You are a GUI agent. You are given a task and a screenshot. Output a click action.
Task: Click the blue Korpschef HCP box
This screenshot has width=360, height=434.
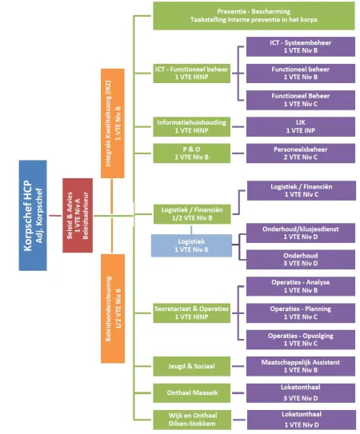pyautogui.click(x=33, y=215)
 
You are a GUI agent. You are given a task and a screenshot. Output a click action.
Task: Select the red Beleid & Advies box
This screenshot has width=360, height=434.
pyautogui.click(x=78, y=215)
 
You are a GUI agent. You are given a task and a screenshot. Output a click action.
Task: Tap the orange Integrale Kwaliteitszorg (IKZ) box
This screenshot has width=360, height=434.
pyautogui.click(x=113, y=123)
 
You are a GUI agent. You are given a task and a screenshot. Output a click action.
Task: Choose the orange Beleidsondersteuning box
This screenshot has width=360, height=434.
pyautogui.click(x=113, y=309)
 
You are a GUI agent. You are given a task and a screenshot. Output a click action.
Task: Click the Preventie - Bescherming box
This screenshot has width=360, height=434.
pyautogui.click(x=254, y=15)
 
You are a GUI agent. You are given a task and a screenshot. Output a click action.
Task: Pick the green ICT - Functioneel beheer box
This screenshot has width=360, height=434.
pyautogui.click(x=191, y=74)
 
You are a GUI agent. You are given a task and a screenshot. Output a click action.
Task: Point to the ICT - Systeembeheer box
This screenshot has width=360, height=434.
pyautogui.click(x=301, y=47)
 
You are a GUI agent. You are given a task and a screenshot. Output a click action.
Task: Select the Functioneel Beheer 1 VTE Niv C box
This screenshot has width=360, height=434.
pyautogui.click(x=301, y=100)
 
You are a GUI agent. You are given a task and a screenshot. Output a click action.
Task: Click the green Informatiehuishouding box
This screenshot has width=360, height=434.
pyautogui.click(x=191, y=126)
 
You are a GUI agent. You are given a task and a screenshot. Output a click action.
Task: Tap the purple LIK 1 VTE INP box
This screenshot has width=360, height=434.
pyautogui.click(x=301, y=126)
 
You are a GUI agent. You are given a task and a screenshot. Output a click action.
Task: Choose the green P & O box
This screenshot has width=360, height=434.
pyautogui.click(x=191, y=153)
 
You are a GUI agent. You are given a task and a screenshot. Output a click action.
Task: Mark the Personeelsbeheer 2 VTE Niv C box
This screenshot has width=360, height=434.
pyautogui.click(x=301, y=153)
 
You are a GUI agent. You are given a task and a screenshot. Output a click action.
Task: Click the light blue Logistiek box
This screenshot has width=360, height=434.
pyautogui.click(x=191, y=245)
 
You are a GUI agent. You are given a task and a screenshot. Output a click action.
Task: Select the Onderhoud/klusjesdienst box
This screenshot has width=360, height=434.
pyautogui.click(x=301, y=233)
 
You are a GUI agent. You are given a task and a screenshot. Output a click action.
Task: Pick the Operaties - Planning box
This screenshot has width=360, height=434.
pyautogui.click(x=301, y=313)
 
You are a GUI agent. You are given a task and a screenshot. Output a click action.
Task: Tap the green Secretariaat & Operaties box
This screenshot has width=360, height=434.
pyautogui.click(x=191, y=313)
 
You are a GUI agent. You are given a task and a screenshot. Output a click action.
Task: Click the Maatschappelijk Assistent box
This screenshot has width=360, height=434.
pyautogui.click(x=301, y=366)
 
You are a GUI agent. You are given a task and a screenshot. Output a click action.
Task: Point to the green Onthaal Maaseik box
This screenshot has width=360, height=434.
pyautogui.click(x=191, y=392)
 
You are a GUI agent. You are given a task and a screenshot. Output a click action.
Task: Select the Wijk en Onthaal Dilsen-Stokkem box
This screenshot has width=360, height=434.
pyautogui.click(x=192, y=420)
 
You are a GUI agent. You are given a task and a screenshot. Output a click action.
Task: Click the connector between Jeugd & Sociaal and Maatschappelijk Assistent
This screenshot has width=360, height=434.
pyautogui.click(x=238, y=366)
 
